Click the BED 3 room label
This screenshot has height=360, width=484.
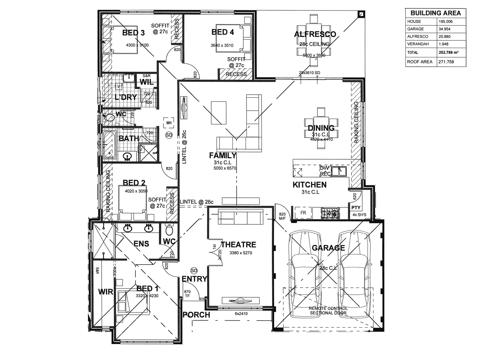[133, 33]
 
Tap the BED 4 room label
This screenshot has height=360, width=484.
[223, 32]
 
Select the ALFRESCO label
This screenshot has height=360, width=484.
[315, 34]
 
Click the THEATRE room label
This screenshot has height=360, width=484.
[238, 245]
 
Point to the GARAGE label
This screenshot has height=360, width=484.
[328, 248]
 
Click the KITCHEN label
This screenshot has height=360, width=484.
[309, 185]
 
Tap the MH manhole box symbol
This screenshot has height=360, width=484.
[169, 123]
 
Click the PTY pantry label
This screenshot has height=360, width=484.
[356, 208]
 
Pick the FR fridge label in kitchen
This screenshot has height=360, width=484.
[303, 213]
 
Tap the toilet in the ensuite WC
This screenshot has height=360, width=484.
[169, 230]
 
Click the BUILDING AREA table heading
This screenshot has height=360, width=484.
[435, 13]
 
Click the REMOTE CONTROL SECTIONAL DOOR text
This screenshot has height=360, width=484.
[328, 311]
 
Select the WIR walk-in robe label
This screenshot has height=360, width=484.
[106, 292]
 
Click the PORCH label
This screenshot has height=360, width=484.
[197, 315]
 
